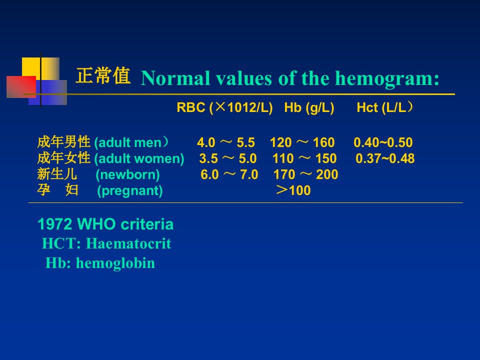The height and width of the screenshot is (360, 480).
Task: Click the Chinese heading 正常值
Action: coord(103,76)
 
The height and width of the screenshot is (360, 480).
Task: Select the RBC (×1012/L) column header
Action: coord(224,108)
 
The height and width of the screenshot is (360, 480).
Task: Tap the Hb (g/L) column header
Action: coord(309,108)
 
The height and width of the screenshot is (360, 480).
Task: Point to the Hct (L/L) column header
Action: coord(385,108)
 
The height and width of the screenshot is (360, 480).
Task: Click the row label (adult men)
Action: coord(131,142)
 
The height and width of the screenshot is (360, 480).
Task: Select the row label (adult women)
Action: coord(139,158)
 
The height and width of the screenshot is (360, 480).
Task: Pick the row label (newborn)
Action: coord(127,174)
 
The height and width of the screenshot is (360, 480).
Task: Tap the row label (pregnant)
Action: coord(130,190)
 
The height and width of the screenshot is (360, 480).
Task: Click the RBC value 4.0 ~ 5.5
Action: coord(226,142)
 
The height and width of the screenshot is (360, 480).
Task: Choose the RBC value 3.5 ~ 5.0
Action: coord(228,158)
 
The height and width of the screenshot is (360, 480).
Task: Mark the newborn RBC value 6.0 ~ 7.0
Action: coord(229,174)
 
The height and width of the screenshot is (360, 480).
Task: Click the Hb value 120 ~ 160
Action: coord(302,142)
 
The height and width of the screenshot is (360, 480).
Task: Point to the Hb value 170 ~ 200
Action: coord(305,174)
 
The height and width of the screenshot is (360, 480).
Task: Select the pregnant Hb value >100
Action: coord(293,190)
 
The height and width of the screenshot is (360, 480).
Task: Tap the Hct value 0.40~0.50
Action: coord(383,142)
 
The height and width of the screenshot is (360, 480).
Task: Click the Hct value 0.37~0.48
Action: coord(385,158)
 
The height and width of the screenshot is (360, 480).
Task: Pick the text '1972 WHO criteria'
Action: coord(105,224)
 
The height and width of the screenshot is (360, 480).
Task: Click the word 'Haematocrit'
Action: coord(128,243)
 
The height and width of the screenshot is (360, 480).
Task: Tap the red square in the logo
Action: coord(21,87)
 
